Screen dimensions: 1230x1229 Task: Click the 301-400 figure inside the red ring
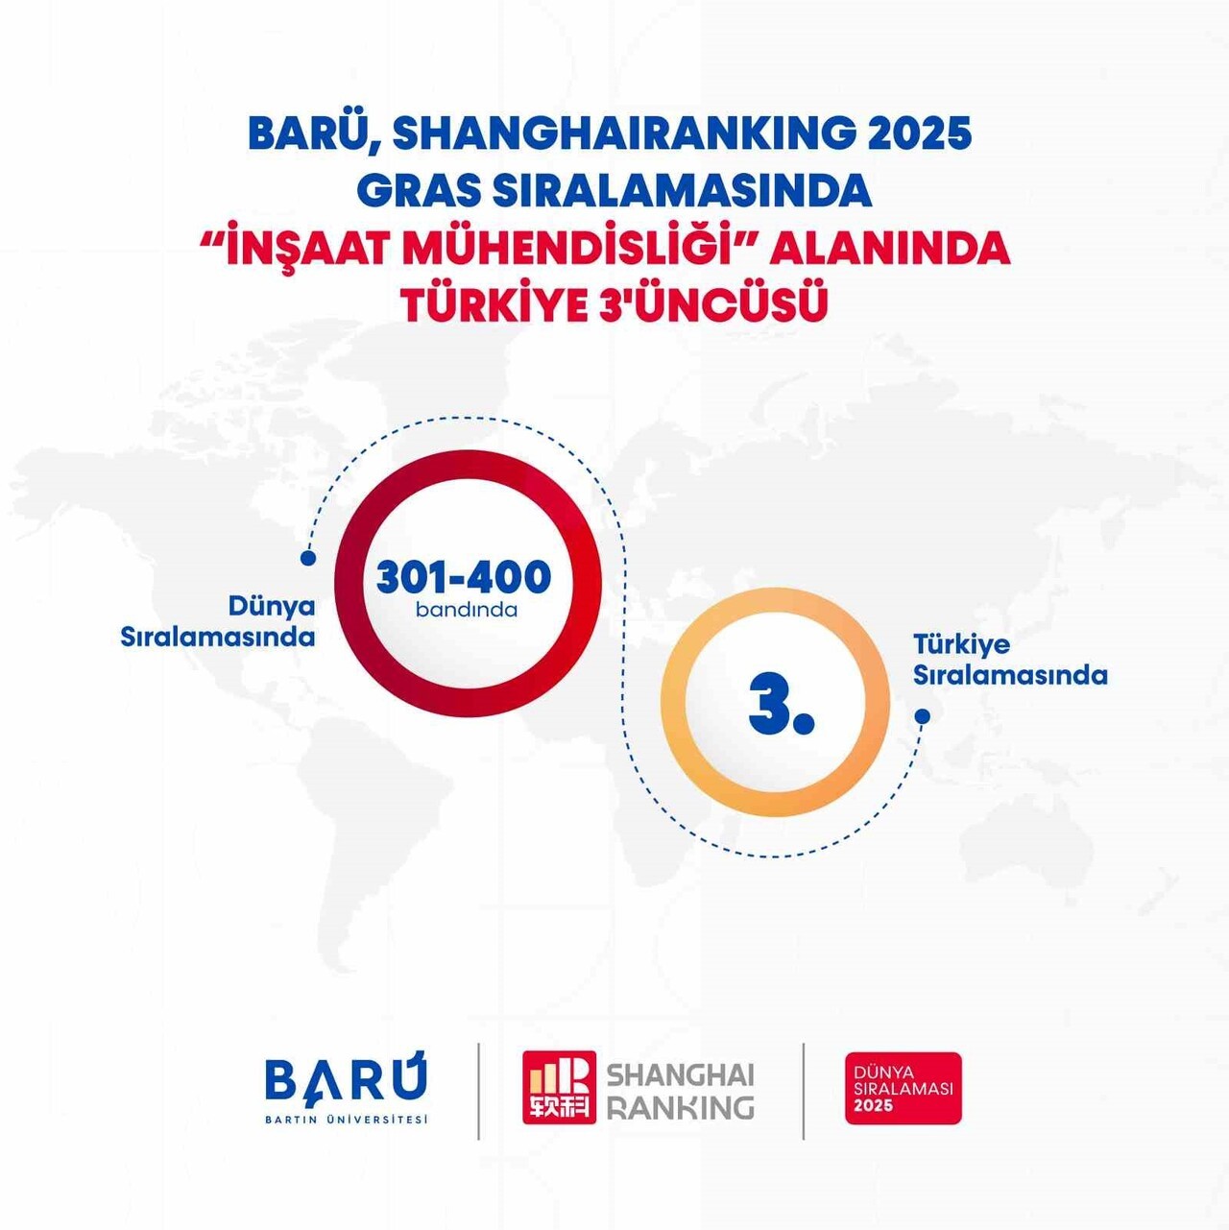(464, 577)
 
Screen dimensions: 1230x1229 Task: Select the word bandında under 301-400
(467, 610)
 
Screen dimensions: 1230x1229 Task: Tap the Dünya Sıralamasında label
(218, 621)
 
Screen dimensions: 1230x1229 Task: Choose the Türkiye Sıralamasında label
(1010, 660)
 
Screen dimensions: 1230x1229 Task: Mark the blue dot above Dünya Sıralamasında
(308, 558)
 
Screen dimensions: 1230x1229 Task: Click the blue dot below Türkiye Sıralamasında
(922, 716)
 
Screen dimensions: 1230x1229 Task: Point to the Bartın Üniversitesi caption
(346, 1119)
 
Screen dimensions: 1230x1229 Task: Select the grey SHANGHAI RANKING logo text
(680, 1091)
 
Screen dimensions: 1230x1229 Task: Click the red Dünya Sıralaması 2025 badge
(903, 1088)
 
